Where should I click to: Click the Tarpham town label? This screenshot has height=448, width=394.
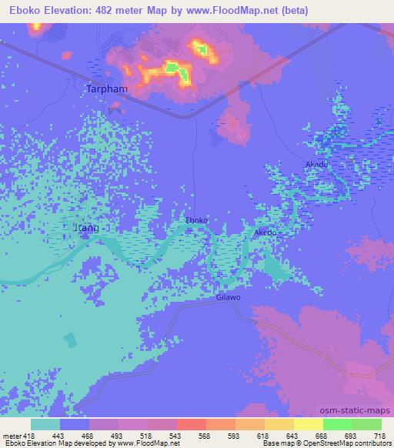pyautogui.click(x=105, y=89)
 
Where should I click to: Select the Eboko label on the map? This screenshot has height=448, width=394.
pyautogui.click(x=197, y=221)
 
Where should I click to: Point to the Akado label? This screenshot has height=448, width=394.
pyautogui.click(x=316, y=165)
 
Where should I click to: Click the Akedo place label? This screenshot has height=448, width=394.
pyautogui.click(x=265, y=232)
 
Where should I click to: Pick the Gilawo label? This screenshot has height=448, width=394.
pyautogui.click(x=229, y=296)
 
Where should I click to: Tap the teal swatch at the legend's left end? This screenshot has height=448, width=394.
pyautogui.click(x=45, y=425)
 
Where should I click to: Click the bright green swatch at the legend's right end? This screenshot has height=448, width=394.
pyautogui.click(x=367, y=425)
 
